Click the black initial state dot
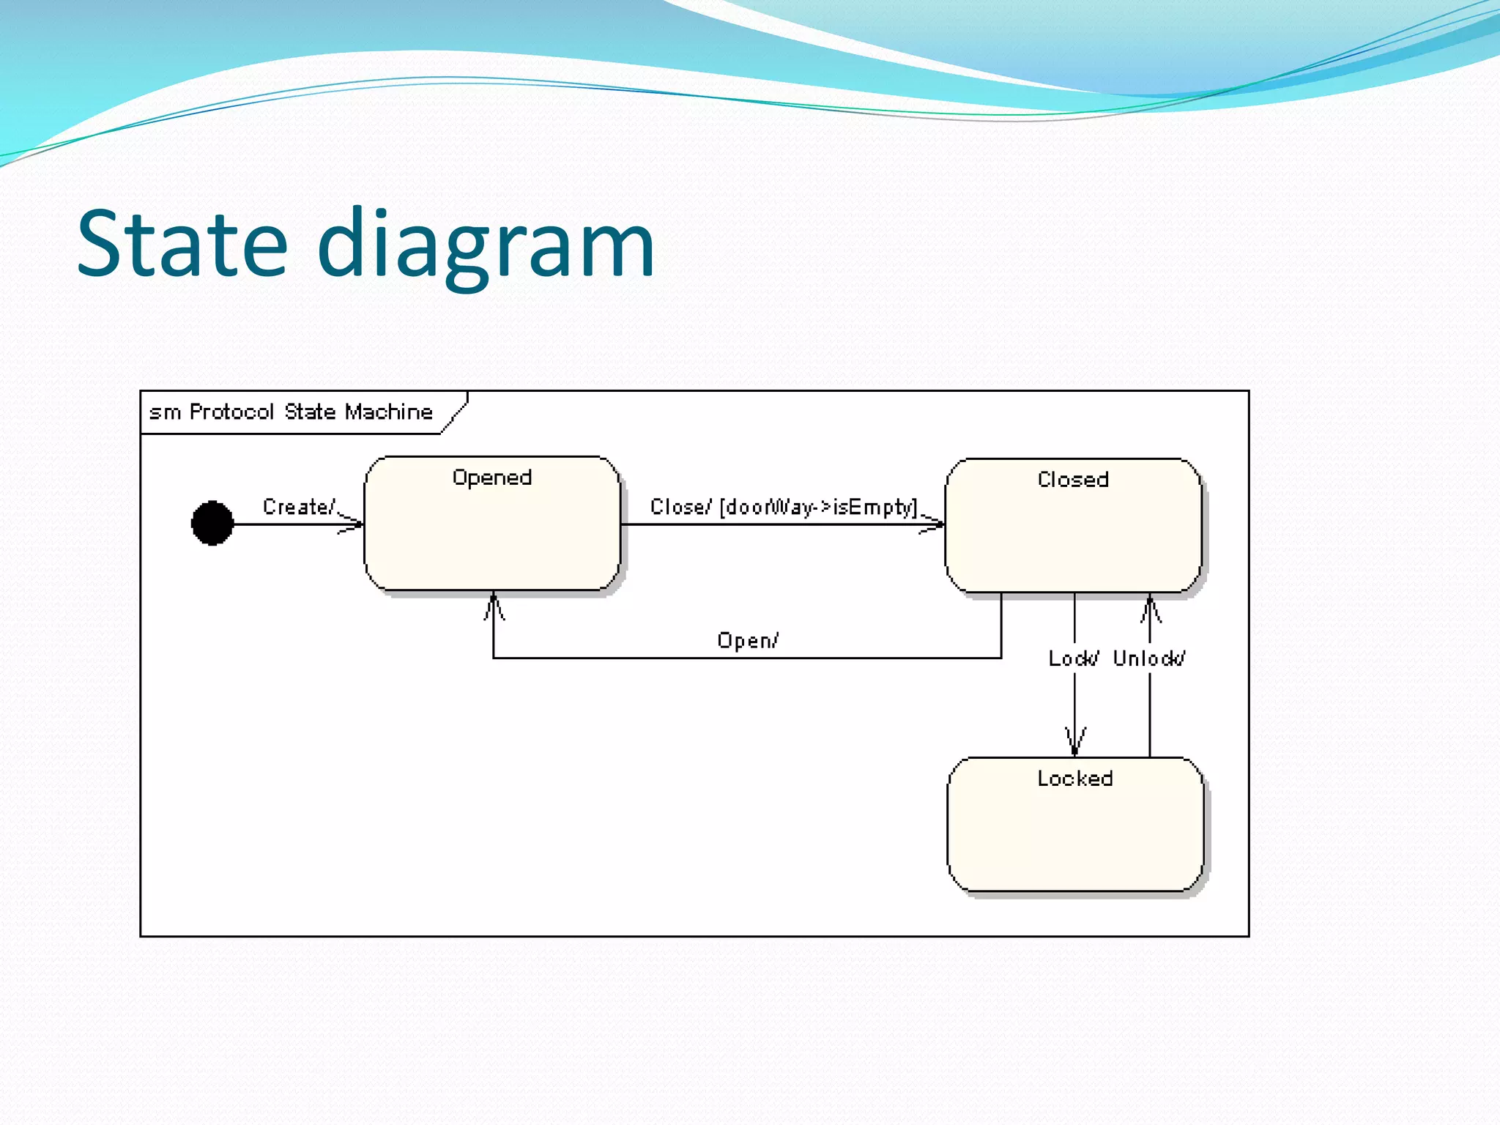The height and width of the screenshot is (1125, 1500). (212, 523)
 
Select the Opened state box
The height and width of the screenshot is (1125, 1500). (492, 535)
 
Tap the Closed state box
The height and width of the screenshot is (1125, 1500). (1073, 535)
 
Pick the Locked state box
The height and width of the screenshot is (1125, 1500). (1075, 835)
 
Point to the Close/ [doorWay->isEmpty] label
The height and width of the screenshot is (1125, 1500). (784, 507)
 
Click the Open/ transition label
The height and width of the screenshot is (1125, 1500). (748, 641)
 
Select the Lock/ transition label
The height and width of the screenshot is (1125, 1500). (1073, 658)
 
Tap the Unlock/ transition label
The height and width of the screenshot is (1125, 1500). (1148, 658)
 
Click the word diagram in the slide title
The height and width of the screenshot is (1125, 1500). (486, 245)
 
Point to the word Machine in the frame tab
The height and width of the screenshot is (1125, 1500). (389, 412)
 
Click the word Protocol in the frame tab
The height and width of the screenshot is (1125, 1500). (231, 412)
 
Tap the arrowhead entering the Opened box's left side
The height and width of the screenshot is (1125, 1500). (353, 524)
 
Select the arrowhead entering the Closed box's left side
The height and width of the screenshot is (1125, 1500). (934, 524)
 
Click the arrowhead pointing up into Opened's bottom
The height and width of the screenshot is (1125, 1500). (494, 606)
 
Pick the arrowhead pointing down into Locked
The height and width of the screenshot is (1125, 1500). (1074, 741)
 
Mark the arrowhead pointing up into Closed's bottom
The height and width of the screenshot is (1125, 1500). (1150, 608)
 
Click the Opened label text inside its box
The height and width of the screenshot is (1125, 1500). (492, 478)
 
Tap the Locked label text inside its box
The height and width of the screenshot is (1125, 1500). (1075, 779)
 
